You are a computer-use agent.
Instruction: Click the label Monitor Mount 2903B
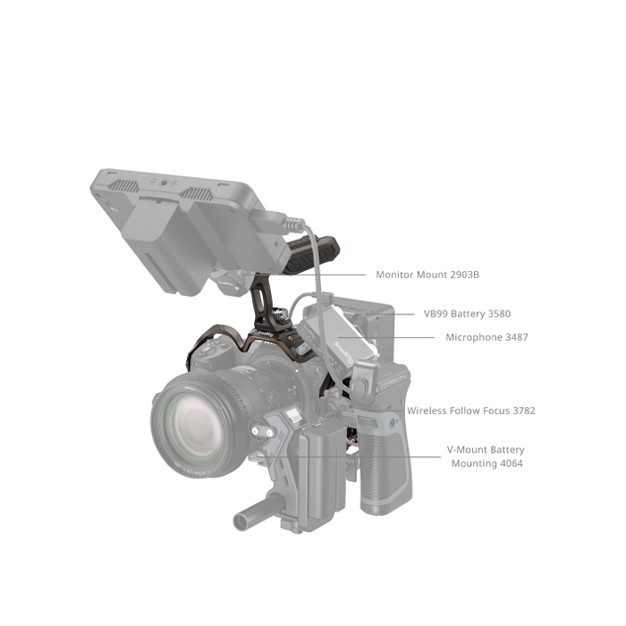(x=427, y=275)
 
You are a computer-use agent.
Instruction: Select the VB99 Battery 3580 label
(x=467, y=314)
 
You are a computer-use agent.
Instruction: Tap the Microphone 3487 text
(x=486, y=337)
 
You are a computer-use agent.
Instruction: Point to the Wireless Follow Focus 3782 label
(x=471, y=410)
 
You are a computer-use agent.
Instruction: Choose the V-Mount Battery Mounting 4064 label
(x=486, y=457)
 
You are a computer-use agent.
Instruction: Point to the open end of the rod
(x=241, y=521)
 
